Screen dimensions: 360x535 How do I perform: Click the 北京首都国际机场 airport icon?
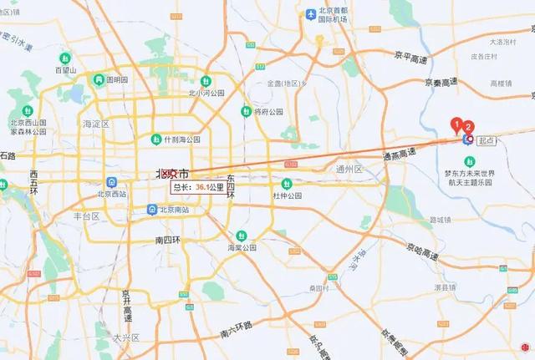[311, 14]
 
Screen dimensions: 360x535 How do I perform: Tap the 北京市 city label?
[172, 174]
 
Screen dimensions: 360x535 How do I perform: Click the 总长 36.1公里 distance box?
[198, 188]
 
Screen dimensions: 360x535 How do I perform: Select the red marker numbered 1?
[456, 125]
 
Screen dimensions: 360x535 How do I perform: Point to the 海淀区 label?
[96, 124]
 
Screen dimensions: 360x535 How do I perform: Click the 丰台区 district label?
[86, 215]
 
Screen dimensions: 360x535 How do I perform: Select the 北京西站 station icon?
[111, 183]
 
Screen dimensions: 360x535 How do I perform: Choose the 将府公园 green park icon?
[246, 111]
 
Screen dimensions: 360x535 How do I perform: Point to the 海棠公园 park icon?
[242, 236]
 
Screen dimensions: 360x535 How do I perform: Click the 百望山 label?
[66, 70]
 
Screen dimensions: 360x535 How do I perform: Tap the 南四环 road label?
[168, 240]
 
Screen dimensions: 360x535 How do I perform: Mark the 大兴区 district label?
[127, 337]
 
